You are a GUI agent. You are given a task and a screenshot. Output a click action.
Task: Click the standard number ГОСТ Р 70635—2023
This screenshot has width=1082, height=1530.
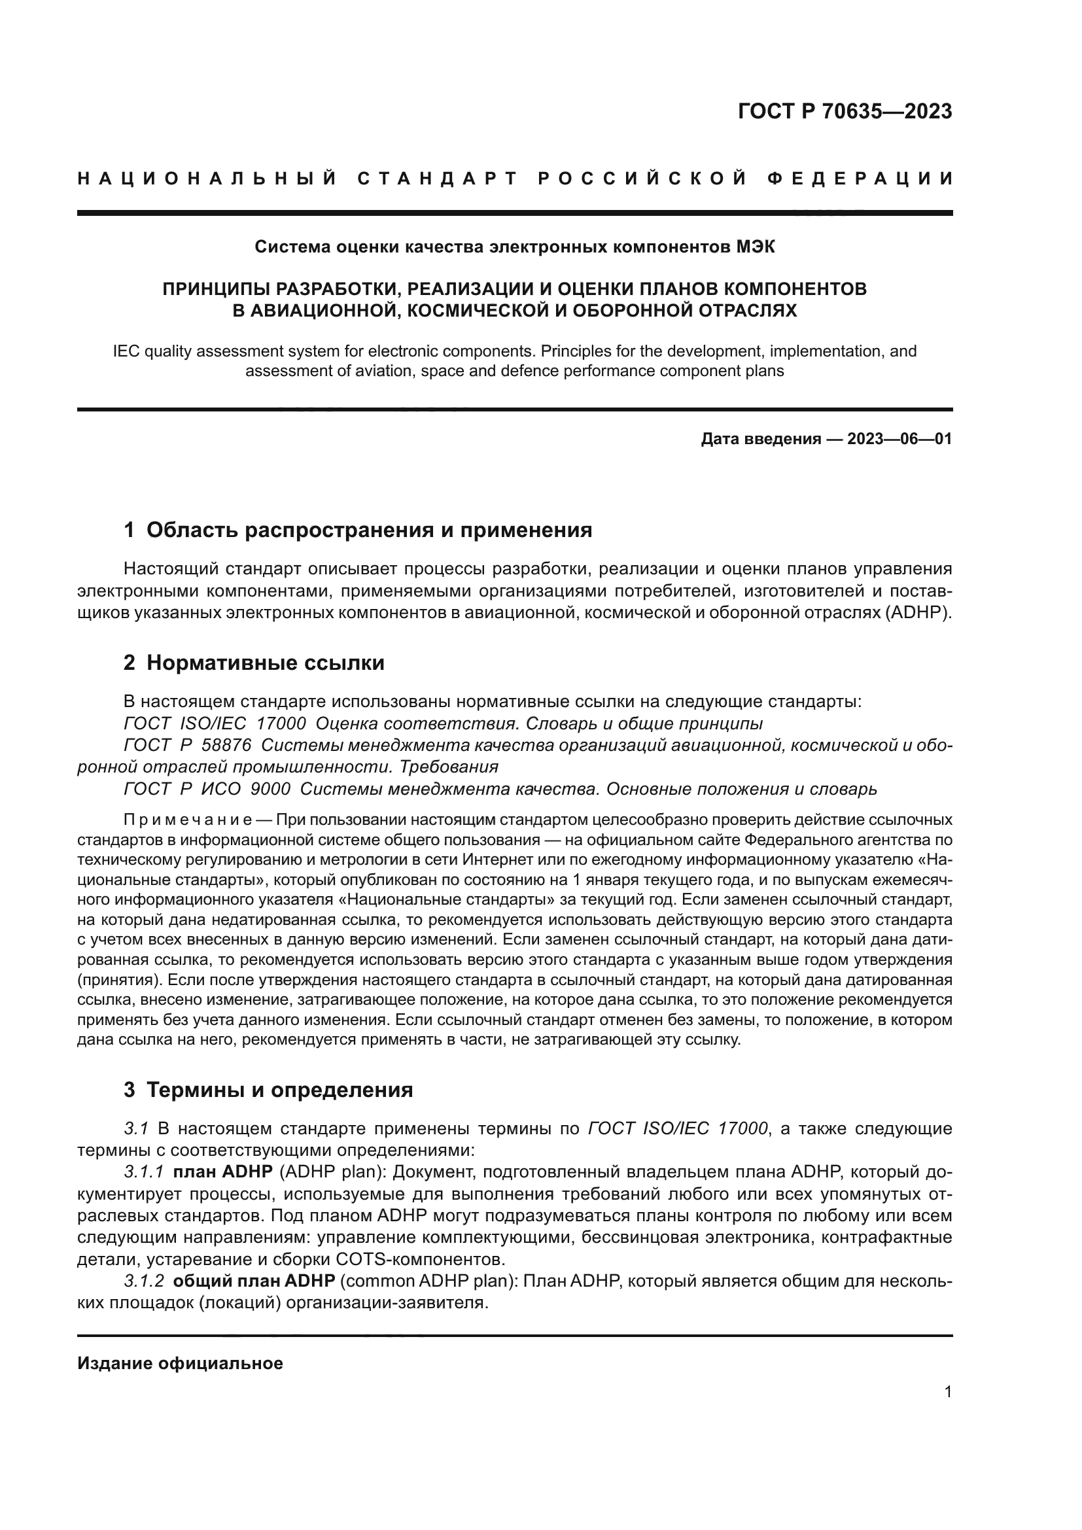coord(844,111)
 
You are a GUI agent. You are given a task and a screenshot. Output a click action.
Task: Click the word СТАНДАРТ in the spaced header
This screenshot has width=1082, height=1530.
coord(437,179)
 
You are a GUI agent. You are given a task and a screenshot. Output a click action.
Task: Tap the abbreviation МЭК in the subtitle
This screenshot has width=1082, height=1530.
coord(756,247)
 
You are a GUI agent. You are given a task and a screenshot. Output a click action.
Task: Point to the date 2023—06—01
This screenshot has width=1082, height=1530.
coord(899,439)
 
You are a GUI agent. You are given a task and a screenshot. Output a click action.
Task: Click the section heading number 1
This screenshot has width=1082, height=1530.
coord(130,530)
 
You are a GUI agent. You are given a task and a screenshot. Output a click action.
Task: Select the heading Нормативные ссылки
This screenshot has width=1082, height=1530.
coord(265,663)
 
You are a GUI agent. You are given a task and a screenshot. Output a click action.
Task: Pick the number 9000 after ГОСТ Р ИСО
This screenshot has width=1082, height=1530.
coord(270,790)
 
